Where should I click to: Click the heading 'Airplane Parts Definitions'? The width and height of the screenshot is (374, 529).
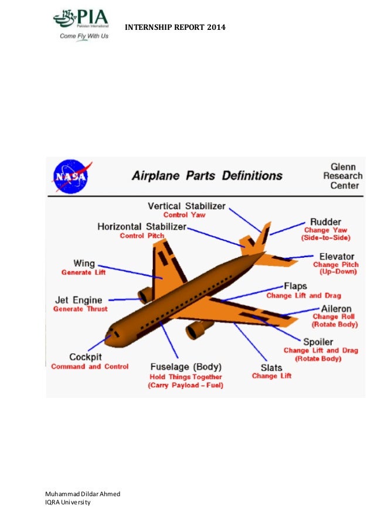[x=206, y=175]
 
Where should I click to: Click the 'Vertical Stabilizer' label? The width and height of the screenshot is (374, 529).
[x=187, y=206]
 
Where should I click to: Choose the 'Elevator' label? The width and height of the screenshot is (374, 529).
[x=336, y=256]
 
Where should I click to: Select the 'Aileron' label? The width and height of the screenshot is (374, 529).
[x=336, y=308]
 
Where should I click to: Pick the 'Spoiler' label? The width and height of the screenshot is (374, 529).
[x=318, y=342]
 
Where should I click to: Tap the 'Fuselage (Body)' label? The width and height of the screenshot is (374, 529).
[x=186, y=368]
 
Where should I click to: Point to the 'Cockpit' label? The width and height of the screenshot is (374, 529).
[x=87, y=357]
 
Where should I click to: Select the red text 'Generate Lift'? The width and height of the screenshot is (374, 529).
[x=84, y=273]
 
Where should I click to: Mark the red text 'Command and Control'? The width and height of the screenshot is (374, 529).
[x=90, y=367]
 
